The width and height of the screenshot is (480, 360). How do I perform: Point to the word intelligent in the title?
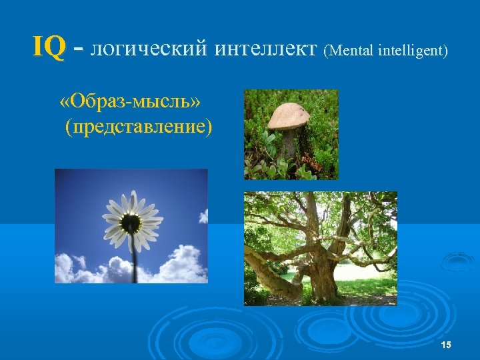click(x=413, y=50)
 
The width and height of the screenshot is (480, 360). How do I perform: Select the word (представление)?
click(x=139, y=127)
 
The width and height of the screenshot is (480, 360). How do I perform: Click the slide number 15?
click(x=446, y=343)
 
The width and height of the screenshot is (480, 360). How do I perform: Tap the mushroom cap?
click(x=289, y=116)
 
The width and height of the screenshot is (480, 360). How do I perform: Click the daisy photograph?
click(x=131, y=225)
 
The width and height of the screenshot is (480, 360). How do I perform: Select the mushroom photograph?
click(x=291, y=134)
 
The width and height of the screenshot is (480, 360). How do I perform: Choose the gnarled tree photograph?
click(x=320, y=248)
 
